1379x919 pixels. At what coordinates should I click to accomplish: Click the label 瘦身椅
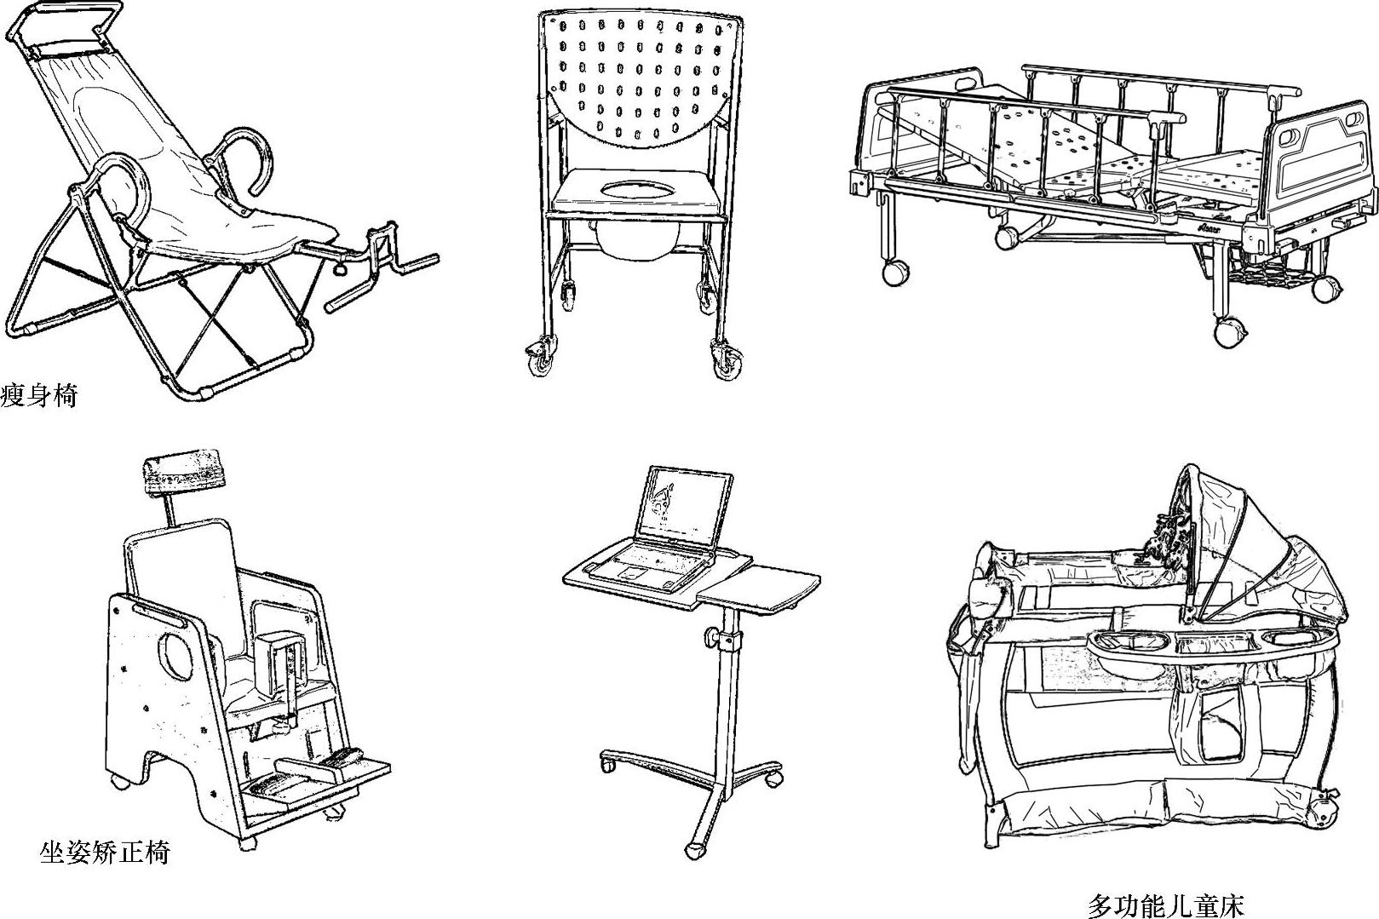click(39, 395)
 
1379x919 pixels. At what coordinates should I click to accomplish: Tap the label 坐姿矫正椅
click(105, 853)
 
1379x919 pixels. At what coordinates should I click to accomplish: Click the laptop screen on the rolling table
click(685, 508)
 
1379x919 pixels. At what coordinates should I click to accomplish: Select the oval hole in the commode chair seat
click(636, 189)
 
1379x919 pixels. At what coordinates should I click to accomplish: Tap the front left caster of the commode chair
click(541, 359)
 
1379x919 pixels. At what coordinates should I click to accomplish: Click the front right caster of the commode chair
click(727, 361)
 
